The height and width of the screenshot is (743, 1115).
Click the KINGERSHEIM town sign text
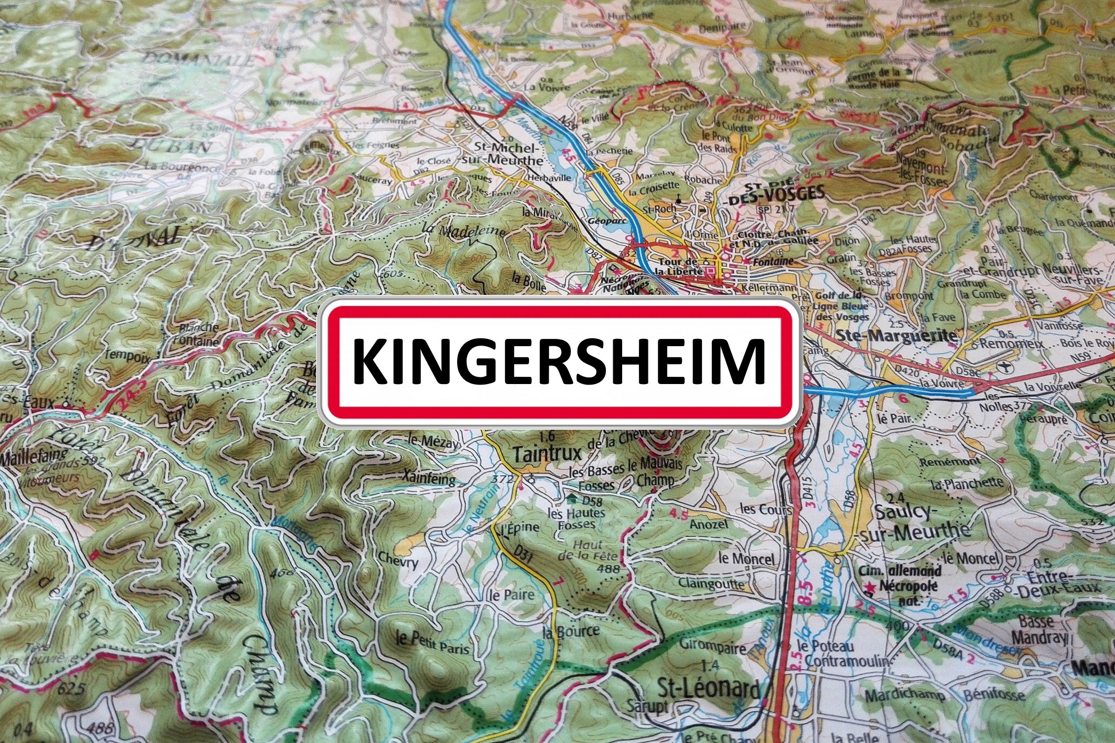[x=559, y=361]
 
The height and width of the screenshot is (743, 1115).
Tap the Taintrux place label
[x=547, y=454]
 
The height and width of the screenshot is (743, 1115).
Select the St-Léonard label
[x=708, y=688]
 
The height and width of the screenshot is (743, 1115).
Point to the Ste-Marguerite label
[x=896, y=336]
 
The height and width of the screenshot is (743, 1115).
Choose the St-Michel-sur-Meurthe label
[x=507, y=153]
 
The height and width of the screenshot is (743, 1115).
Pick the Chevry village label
[x=397, y=560]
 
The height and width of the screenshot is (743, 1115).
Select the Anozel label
[x=709, y=524]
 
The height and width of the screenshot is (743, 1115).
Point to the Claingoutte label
[x=711, y=584]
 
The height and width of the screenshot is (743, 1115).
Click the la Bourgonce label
[x=181, y=166]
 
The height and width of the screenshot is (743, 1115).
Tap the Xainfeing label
[x=429, y=478]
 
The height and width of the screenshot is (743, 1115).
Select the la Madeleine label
[x=464, y=230]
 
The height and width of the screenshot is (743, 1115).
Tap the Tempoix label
[x=127, y=354]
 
